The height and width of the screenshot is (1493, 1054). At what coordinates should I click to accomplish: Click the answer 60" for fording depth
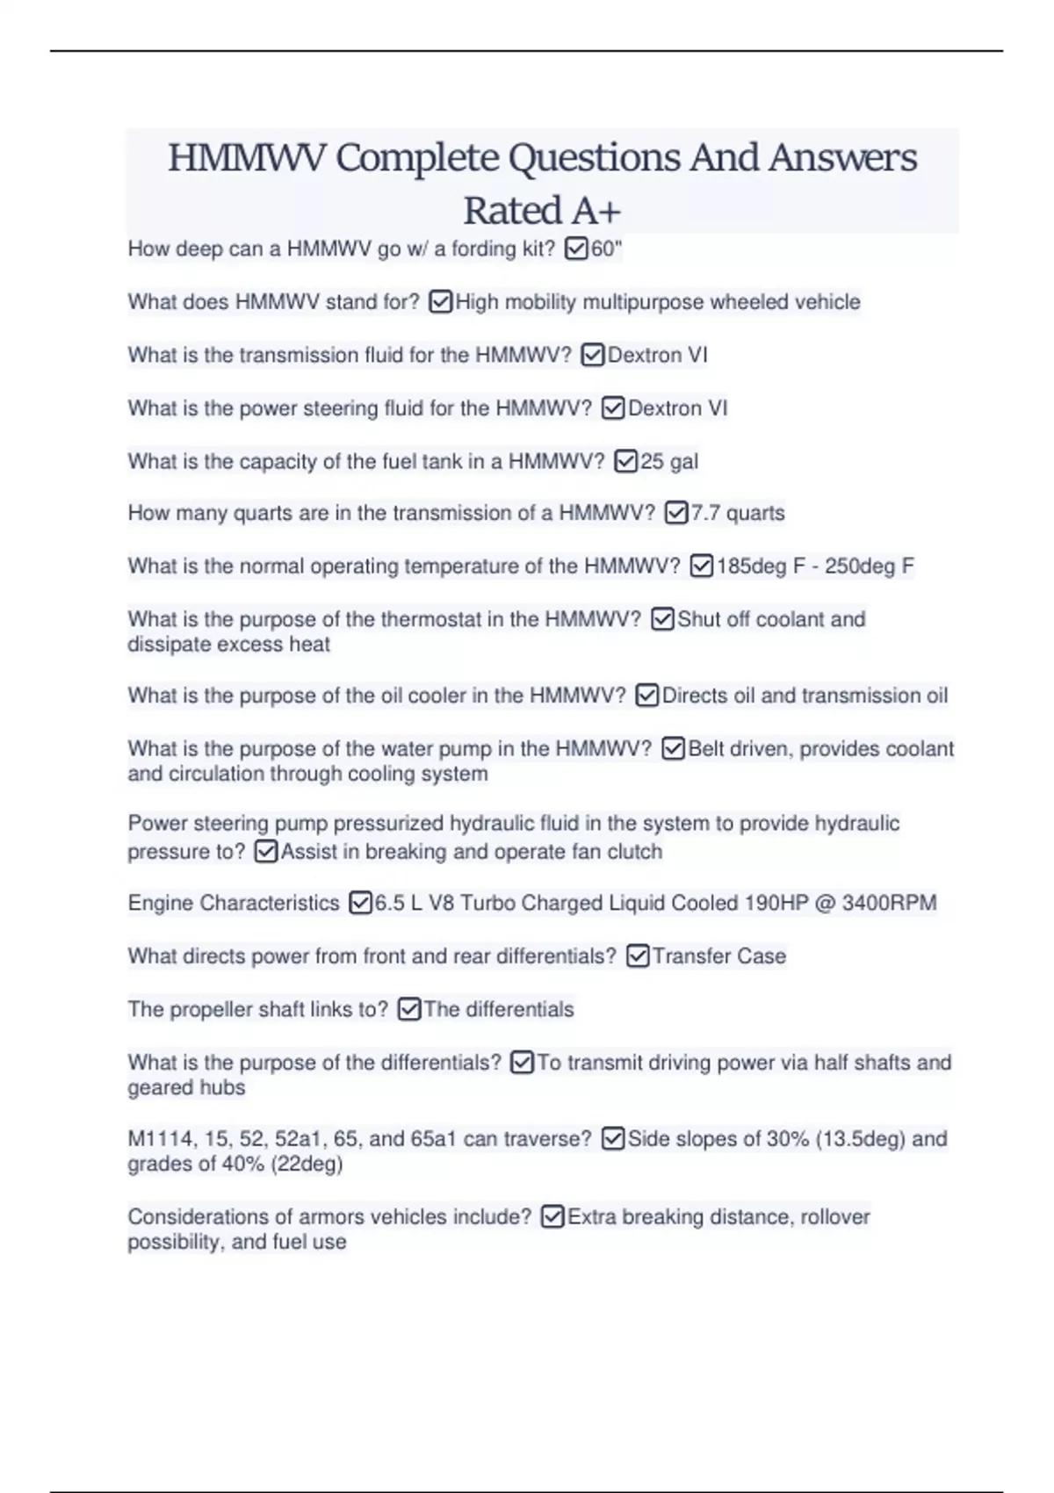click(606, 249)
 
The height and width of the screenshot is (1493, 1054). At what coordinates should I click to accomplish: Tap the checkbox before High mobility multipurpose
click(440, 302)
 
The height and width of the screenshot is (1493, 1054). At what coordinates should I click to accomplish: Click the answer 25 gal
click(669, 461)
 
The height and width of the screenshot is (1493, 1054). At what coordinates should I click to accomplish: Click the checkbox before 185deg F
click(701, 566)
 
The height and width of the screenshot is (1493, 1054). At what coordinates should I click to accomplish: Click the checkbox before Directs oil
click(646, 696)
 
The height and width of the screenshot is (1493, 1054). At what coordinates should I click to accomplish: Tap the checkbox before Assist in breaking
click(265, 852)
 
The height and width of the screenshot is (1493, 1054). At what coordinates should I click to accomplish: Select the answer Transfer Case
click(718, 956)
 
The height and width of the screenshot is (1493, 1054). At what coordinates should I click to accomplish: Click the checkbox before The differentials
click(409, 1010)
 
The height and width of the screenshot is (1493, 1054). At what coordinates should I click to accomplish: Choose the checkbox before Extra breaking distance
click(552, 1217)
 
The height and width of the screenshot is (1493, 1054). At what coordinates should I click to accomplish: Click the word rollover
click(834, 1217)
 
